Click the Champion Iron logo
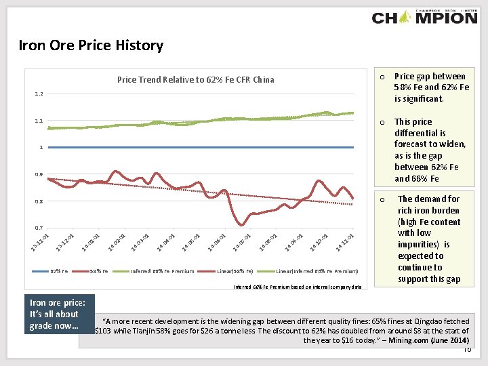[424, 17]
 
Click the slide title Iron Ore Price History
[91, 46]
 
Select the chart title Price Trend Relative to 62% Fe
[195, 79]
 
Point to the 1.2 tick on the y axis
[38, 94]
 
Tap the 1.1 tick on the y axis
[38, 121]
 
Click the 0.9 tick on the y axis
[38, 175]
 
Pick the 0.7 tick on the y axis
[38, 228]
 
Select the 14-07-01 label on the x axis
[243, 239]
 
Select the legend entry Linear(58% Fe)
[235, 271]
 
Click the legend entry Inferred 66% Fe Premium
[162, 271]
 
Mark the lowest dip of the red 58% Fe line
[241, 225]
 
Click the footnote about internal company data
[298, 286]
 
